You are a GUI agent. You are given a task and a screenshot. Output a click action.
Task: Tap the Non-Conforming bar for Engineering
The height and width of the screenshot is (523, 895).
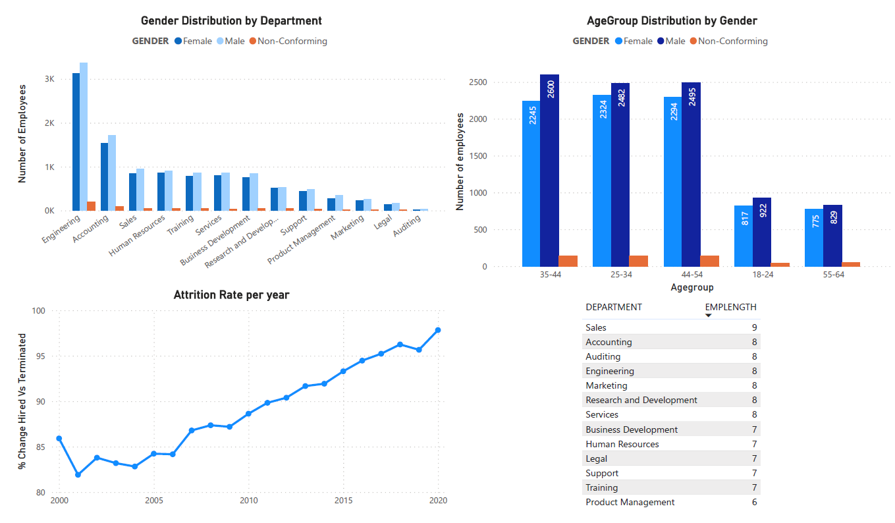pyautogui.click(x=92, y=206)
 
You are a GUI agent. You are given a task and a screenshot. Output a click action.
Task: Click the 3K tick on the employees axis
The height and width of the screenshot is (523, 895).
pyautogui.click(x=50, y=79)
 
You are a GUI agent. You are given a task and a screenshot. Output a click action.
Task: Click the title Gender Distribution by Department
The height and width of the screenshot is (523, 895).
pyautogui.click(x=231, y=21)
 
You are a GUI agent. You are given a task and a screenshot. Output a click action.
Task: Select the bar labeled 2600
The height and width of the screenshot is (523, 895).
pyautogui.click(x=549, y=171)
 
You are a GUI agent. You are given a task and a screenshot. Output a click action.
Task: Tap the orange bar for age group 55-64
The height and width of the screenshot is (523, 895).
pyautogui.click(x=851, y=264)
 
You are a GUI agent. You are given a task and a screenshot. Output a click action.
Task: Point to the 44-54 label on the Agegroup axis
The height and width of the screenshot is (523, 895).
pyautogui.click(x=692, y=275)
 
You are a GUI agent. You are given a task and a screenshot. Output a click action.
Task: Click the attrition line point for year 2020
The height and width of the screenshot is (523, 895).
pyautogui.click(x=438, y=330)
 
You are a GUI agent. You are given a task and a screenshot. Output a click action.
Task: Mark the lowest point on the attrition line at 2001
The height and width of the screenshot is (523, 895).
pyautogui.click(x=78, y=475)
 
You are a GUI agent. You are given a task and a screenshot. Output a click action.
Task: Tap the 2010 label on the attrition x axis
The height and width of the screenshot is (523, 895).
pyautogui.click(x=248, y=501)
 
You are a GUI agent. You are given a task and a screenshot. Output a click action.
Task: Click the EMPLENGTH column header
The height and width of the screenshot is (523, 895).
pyautogui.click(x=730, y=307)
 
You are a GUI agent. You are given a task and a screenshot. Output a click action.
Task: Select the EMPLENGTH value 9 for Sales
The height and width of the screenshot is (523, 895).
pyautogui.click(x=754, y=327)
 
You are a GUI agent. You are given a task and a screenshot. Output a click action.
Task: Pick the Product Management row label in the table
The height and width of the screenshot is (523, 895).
pyautogui.click(x=630, y=502)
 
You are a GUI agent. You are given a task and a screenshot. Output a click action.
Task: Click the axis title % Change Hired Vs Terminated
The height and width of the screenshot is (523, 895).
pyautogui.click(x=22, y=401)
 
